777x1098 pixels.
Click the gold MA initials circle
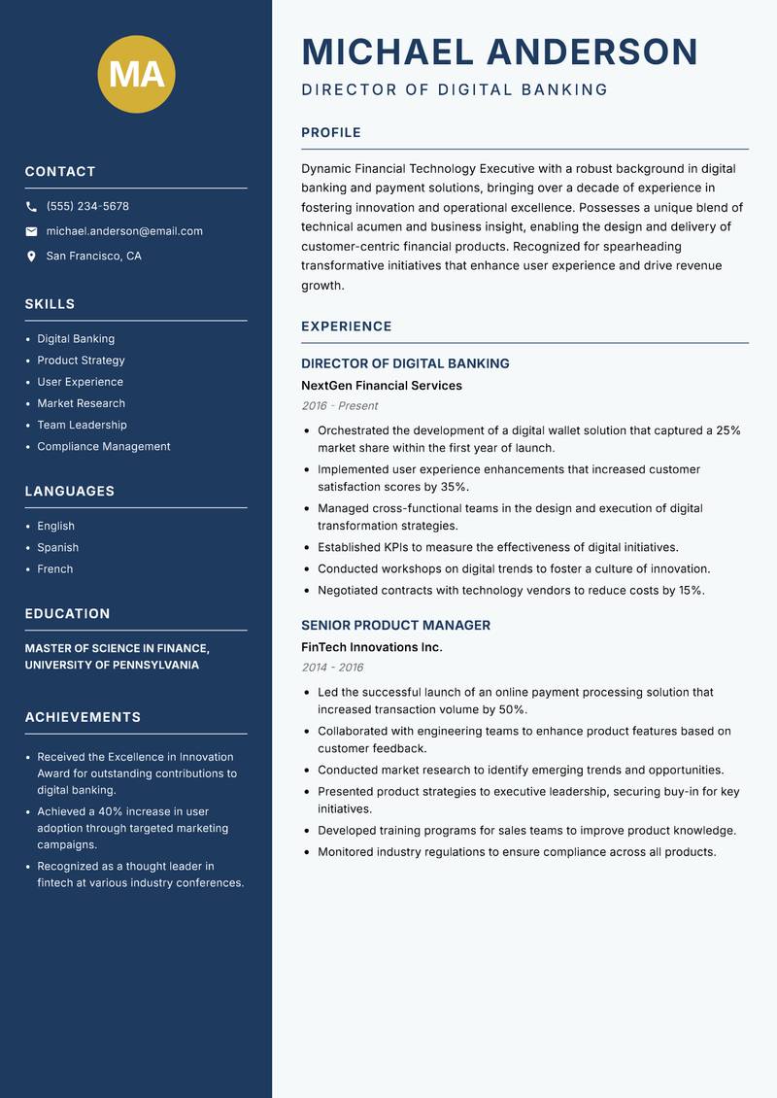point(136,74)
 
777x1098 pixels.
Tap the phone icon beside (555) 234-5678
point(31,207)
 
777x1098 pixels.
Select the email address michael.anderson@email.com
point(124,231)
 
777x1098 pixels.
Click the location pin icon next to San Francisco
point(31,257)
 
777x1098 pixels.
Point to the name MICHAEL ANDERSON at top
point(499,51)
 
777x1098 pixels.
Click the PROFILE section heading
point(330,133)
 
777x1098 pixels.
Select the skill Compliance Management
point(103,447)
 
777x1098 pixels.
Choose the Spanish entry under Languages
point(57,548)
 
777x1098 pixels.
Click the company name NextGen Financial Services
point(381,386)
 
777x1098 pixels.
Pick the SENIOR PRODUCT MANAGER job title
point(395,626)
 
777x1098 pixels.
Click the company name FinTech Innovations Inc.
point(371,647)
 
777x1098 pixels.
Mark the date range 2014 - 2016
point(332,668)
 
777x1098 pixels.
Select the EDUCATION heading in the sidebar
point(67,614)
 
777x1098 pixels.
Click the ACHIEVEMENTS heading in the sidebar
point(83,717)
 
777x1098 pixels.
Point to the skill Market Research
point(81,403)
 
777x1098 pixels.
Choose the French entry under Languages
point(54,569)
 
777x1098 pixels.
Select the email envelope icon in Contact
point(31,231)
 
